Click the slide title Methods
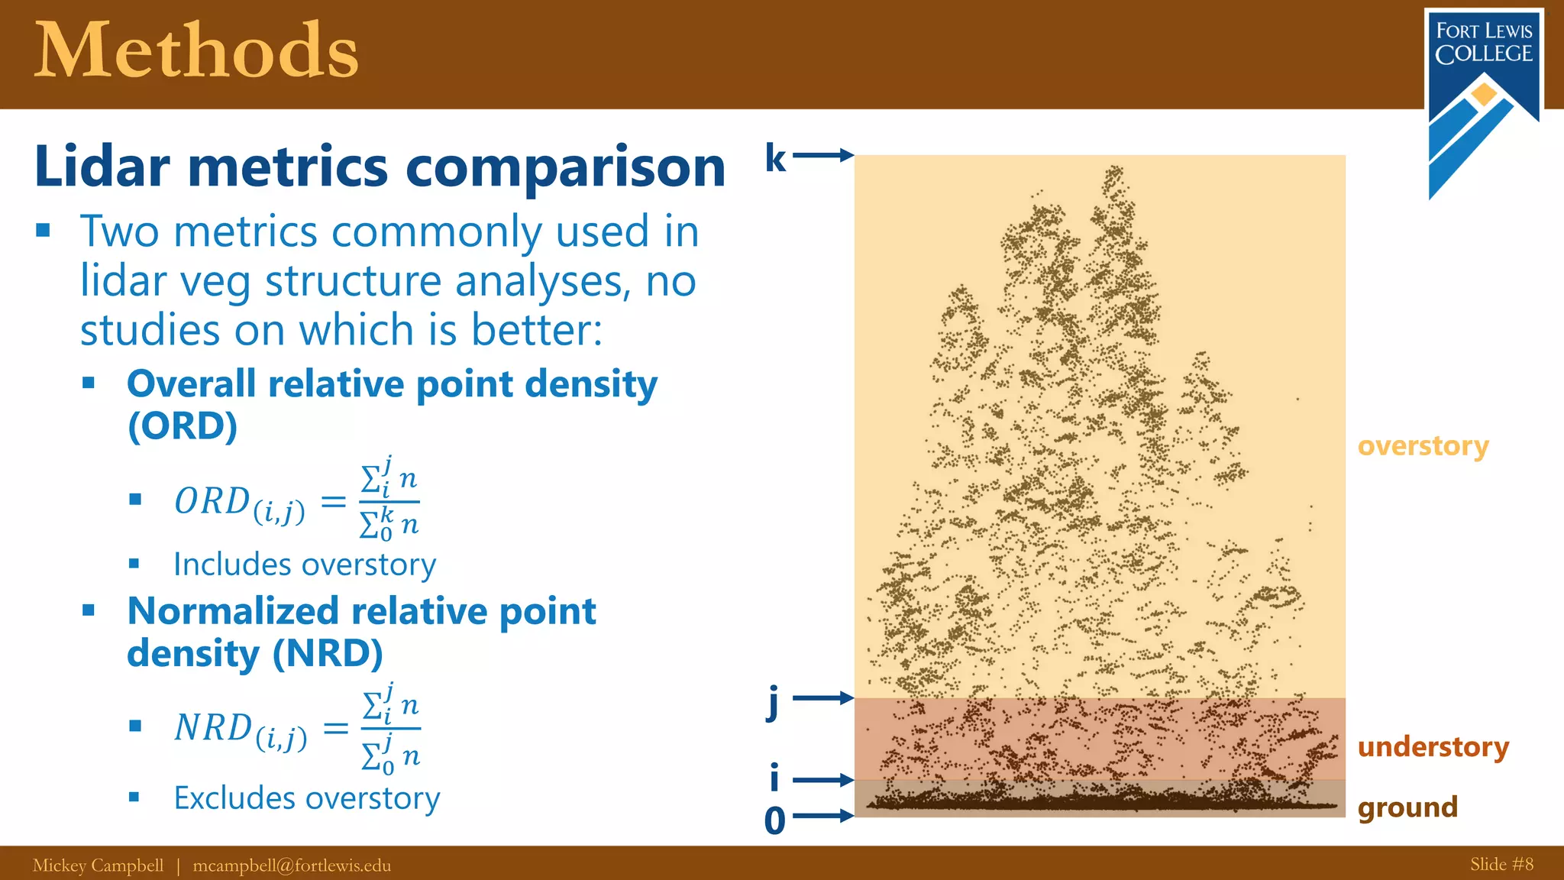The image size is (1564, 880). tap(196, 52)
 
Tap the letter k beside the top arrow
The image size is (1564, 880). tap(775, 158)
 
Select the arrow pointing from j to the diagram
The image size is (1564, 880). tap(823, 697)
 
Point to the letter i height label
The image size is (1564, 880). tap(774, 778)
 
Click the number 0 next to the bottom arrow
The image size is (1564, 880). tap(774, 821)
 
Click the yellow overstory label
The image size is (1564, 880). tap(1423, 445)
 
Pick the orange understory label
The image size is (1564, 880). tap(1433, 746)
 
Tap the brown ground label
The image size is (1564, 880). tap(1407, 807)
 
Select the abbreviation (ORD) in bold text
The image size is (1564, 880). tap(183, 425)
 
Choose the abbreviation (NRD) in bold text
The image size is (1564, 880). tap(327, 653)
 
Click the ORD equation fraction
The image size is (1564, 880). tap(389, 501)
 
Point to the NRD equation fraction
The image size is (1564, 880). tap(390, 728)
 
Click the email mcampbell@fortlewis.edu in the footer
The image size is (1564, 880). tap(292, 865)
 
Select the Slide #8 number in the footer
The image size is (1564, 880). tap(1501, 864)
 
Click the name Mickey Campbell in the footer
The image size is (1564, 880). tap(98, 865)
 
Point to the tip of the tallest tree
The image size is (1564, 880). tap(1114, 170)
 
